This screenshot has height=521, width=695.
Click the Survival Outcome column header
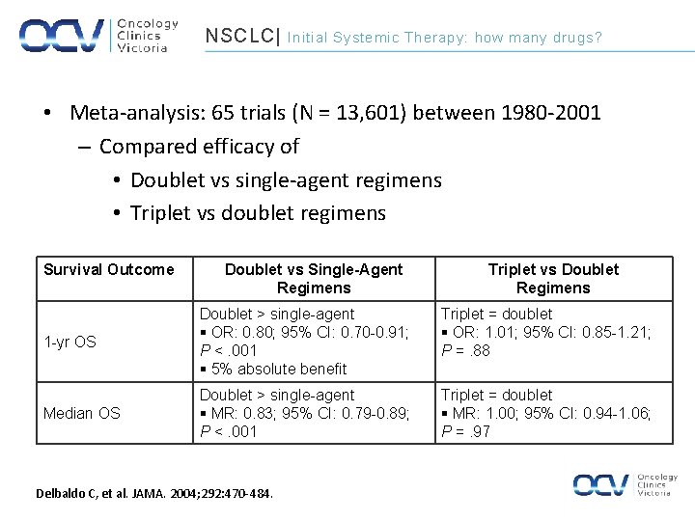(109, 269)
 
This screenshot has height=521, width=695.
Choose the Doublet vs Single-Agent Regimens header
(314, 279)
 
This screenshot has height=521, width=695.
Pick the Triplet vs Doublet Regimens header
(553, 279)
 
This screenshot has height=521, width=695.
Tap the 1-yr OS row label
(70, 342)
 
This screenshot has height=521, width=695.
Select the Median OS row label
(82, 413)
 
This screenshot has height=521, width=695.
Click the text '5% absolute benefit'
(277, 369)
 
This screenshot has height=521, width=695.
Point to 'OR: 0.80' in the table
(240, 332)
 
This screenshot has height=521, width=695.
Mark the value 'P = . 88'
(466, 350)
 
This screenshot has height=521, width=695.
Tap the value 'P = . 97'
(466, 431)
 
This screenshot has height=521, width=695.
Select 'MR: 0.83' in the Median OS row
(241, 413)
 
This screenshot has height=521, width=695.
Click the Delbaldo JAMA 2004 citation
(154, 494)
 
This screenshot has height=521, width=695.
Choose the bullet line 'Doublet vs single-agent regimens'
(286, 179)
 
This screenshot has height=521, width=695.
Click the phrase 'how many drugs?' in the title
(538, 38)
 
